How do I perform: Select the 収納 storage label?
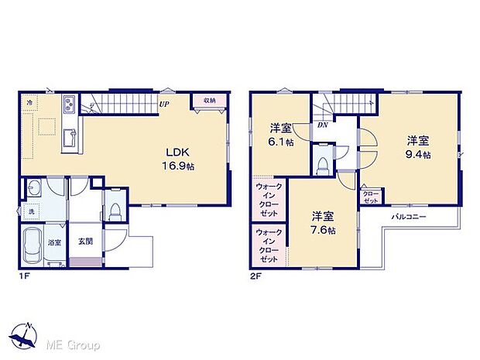[210, 101]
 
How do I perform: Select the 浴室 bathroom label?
[55, 242]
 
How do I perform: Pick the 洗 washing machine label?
[31, 211]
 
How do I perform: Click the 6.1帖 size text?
[282, 142]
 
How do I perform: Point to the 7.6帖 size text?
[324, 230]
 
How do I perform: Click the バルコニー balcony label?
[409, 217]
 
